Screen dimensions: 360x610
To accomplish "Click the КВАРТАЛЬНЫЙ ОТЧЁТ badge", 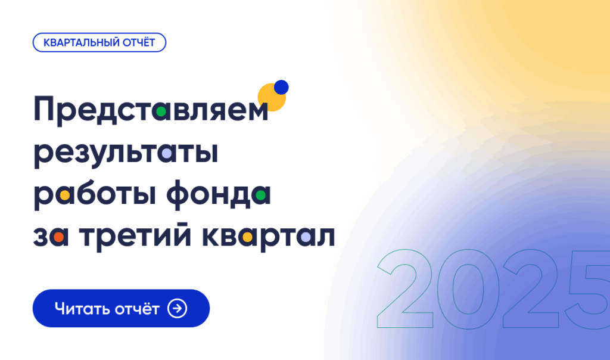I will pyautogui.click(x=99, y=42).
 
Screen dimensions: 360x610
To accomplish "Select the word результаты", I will pyautogui.click(x=126, y=153).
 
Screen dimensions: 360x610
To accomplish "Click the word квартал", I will pyautogui.click(x=269, y=237).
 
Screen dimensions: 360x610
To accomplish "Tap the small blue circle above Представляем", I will pyautogui.click(x=281, y=88).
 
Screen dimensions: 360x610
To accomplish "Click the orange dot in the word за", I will pyautogui.click(x=58, y=237).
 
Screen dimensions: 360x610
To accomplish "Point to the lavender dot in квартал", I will pyautogui.click(x=305, y=237).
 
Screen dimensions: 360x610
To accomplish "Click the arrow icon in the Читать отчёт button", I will pyautogui.click(x=178, y=308).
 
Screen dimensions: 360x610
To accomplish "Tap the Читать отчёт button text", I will pyautogui.click(x=107, y=309).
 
